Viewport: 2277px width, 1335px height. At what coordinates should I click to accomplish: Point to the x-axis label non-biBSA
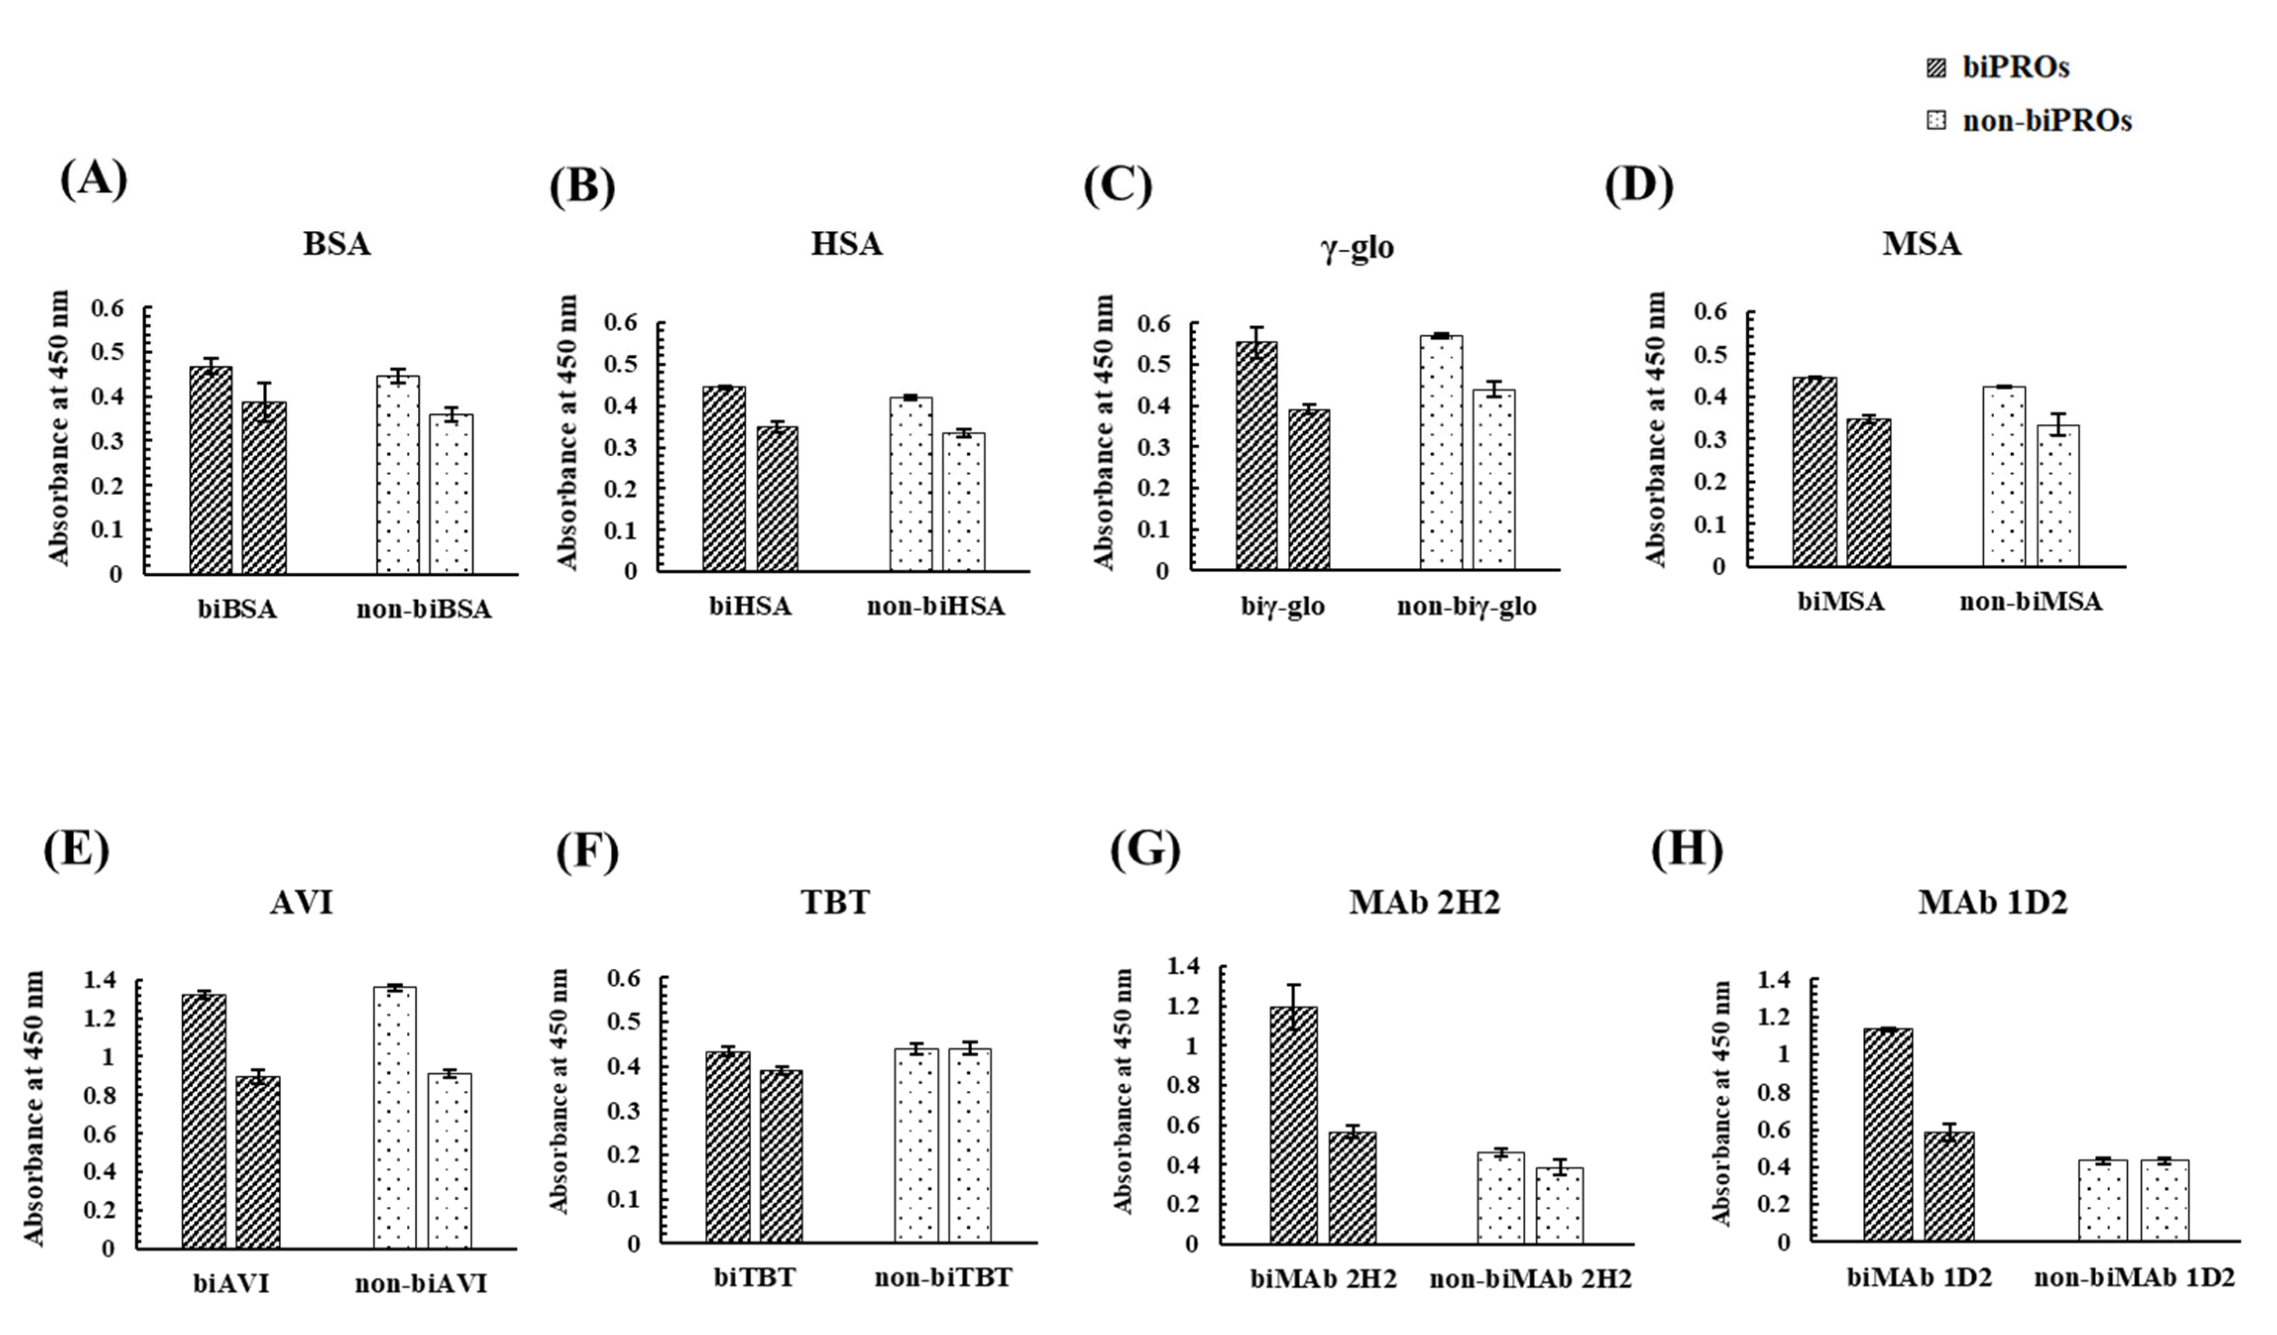pyautogui.click(x=424, y=610)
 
